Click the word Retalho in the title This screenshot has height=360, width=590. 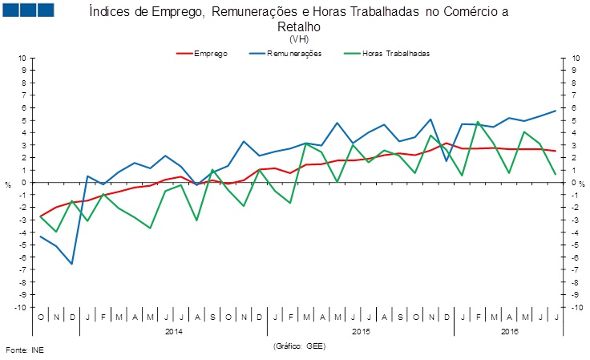[x=298, y=26]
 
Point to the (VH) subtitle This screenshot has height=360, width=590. [x=298, y=38]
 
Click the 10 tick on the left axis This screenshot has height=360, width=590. [x=22, y=58]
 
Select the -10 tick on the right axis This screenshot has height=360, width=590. [x=576, y=307]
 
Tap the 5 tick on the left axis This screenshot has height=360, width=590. [x=24, y=120]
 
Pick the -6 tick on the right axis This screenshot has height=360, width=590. [x=574, y=257]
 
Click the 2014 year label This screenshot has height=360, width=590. [x=174, y=330]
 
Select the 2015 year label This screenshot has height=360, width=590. [x=362, y=330]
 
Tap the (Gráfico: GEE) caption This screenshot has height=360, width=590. [x=299, y=346]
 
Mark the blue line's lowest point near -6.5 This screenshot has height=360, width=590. [x=72, y=264]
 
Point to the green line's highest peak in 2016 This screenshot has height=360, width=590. [x=478, y=122]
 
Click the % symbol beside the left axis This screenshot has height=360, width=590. [x=8, y=185]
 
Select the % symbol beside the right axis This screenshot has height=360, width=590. [x=583, y=185]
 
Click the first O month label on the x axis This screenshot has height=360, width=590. [x=41, y=317]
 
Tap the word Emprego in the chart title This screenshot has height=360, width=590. [x=164, y=13]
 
